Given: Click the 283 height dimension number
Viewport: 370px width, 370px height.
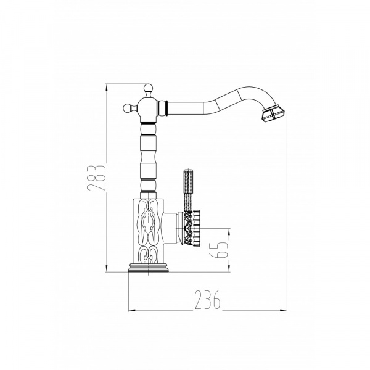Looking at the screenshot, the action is pos(96,178).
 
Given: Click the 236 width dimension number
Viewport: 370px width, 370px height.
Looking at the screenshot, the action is pos(208,300).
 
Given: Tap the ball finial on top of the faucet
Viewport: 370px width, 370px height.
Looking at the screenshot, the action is pos(148,88).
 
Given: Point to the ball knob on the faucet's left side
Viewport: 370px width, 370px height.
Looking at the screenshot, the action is pos(128,109).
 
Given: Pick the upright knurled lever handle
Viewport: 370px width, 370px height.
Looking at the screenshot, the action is pos(188,190).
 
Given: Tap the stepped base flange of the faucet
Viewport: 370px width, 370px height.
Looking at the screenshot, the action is pos(148,268).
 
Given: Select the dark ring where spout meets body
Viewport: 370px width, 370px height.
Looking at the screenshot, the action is pos(166,109).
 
